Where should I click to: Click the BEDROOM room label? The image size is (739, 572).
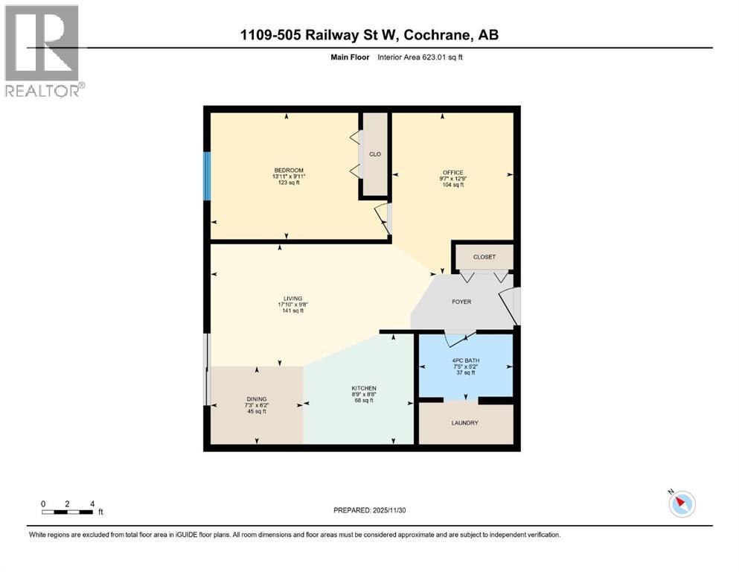[x=289, y=171]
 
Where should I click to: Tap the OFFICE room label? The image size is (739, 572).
[x=452, y=173]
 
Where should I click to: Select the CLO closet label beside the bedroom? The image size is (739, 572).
[x=375, y=154]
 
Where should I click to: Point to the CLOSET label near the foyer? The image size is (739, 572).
[x=484, y=257]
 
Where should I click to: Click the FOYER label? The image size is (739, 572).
[x=462, y=302]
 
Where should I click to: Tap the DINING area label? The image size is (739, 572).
[x=256, y=398]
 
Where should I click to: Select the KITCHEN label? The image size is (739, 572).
[x=364, y=389]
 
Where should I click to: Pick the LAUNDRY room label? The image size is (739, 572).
[x=464, y=423]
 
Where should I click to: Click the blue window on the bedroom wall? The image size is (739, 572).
[x=208, y=177]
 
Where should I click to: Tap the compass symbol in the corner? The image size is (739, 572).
[x=681, y=503]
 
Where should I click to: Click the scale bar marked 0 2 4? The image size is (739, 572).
[x=68, y=512]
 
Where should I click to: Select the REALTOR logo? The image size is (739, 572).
[x=43, y=50]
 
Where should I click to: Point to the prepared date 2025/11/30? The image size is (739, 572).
[x=370, y=510]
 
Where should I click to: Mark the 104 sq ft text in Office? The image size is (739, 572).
[x=452, y=185]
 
